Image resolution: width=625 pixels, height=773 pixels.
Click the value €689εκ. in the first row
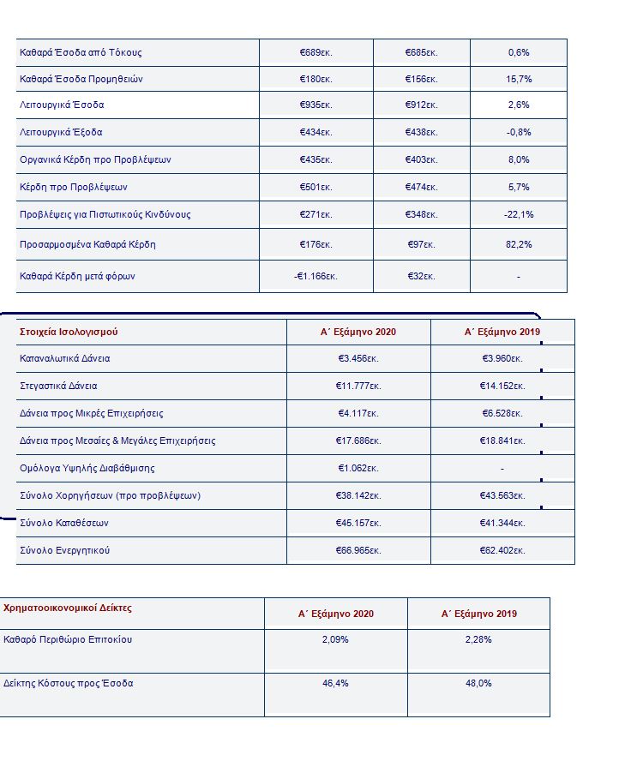point(316,52)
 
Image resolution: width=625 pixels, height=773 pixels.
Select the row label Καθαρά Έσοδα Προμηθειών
point(81,80)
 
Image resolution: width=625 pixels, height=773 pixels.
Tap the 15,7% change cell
point(519,80)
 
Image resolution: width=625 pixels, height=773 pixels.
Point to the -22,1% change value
point(519,214)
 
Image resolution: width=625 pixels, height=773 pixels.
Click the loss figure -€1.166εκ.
point(316,276)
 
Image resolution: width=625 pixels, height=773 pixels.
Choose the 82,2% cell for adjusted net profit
point(519,244)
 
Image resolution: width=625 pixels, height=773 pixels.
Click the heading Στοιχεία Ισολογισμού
point(68,332)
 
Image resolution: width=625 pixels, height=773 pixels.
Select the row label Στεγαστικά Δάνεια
point(58,386)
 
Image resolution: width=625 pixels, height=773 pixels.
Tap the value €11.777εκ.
point(358,386)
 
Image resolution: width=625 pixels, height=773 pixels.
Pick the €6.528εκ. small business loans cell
point(502,413)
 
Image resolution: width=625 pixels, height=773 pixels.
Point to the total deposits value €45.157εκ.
point(358,523)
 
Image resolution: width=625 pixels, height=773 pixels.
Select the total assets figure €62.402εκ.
point(502,550)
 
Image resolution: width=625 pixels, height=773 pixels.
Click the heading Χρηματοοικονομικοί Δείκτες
point(68,608)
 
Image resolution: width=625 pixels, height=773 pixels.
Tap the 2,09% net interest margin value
point(335,639)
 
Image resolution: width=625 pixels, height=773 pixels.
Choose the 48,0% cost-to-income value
point(478,683)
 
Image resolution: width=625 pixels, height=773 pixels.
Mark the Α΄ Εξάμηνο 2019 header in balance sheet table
point(502,332)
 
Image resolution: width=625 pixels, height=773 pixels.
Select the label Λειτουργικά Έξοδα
point(61,133)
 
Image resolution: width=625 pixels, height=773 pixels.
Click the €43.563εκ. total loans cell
point(502,495)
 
